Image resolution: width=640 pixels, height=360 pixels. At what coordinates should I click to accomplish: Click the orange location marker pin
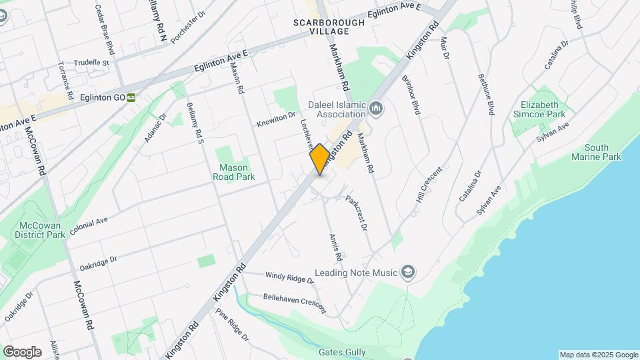[320, 159]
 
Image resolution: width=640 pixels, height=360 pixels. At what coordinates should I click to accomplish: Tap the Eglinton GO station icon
[131, 97]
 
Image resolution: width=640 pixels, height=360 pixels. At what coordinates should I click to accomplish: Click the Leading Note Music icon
[409, 272]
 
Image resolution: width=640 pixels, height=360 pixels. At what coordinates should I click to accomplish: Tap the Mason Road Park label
[231, 172]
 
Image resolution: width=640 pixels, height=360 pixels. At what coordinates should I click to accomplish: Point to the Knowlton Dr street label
[276, 120]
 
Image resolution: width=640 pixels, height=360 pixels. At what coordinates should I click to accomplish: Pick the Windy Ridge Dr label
[289, 276]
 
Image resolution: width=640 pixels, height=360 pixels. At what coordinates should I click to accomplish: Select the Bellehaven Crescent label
[295, 303]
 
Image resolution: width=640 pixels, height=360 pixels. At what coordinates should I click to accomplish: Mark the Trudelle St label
[92, 63]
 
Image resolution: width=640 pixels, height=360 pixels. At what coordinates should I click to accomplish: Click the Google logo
[22, 351]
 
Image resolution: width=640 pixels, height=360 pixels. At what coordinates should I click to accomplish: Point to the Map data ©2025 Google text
[598, 355]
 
